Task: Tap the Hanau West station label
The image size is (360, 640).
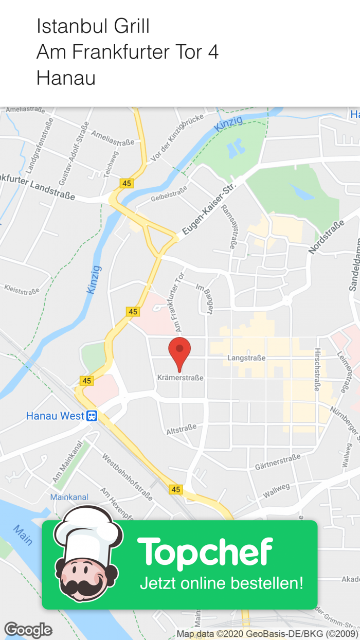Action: click(x=55, y=416)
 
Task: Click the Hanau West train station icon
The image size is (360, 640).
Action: click(x=92, y=416)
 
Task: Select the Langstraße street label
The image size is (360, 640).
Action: click(x=247, y=358)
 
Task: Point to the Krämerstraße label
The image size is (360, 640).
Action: click(x=180, y=378)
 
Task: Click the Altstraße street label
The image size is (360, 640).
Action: click(x=182, y=429)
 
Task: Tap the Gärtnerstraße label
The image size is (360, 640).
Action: click(x=278, y=463)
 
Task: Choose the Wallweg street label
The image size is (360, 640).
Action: click(x=277, y=490)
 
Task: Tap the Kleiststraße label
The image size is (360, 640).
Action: click(x=22, y=289)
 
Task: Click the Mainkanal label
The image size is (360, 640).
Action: click(x=69, y=497)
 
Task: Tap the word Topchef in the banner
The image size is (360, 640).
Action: click(x=205, y=552)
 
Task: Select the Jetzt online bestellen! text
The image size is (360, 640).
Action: click(x=222, y=583)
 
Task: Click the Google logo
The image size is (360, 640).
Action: click(x=28, y=630)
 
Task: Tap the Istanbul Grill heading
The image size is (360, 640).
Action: click(x=93, y=26)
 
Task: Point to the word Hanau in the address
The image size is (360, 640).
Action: click(x=66, y=78)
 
